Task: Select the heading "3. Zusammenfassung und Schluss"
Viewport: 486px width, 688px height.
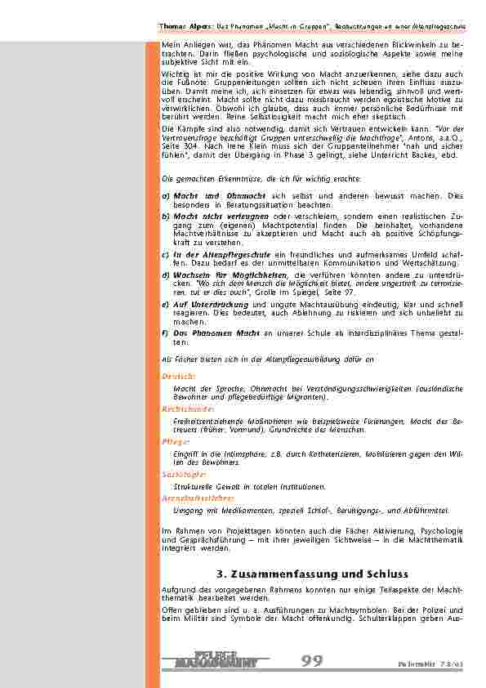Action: [x=312, y=574]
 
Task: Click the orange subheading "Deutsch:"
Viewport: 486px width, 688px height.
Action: [x=178, y=376]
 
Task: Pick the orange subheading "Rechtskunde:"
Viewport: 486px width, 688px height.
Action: [x=188, y=408]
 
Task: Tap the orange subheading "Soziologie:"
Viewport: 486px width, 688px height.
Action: [x=184, y=473]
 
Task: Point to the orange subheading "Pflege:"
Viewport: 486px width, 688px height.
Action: [x=176, y=440]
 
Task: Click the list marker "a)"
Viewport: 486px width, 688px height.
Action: [x=166, y=196]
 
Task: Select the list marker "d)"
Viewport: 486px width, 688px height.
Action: [x=167, y=275]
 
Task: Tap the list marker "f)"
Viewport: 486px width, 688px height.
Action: [x=166, y=333]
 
